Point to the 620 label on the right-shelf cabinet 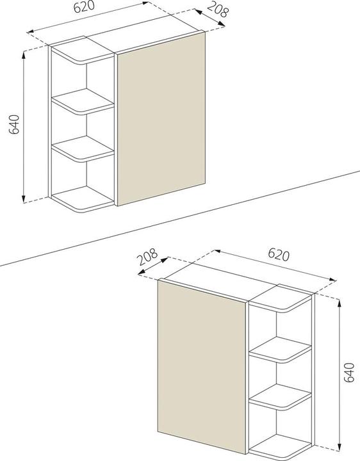pyautogui.click(x=277, y=254)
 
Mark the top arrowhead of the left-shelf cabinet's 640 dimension pyautogui.click(x=24, y=55)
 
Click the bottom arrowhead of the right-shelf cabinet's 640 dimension pyautogui.click(x=338, y=448)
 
